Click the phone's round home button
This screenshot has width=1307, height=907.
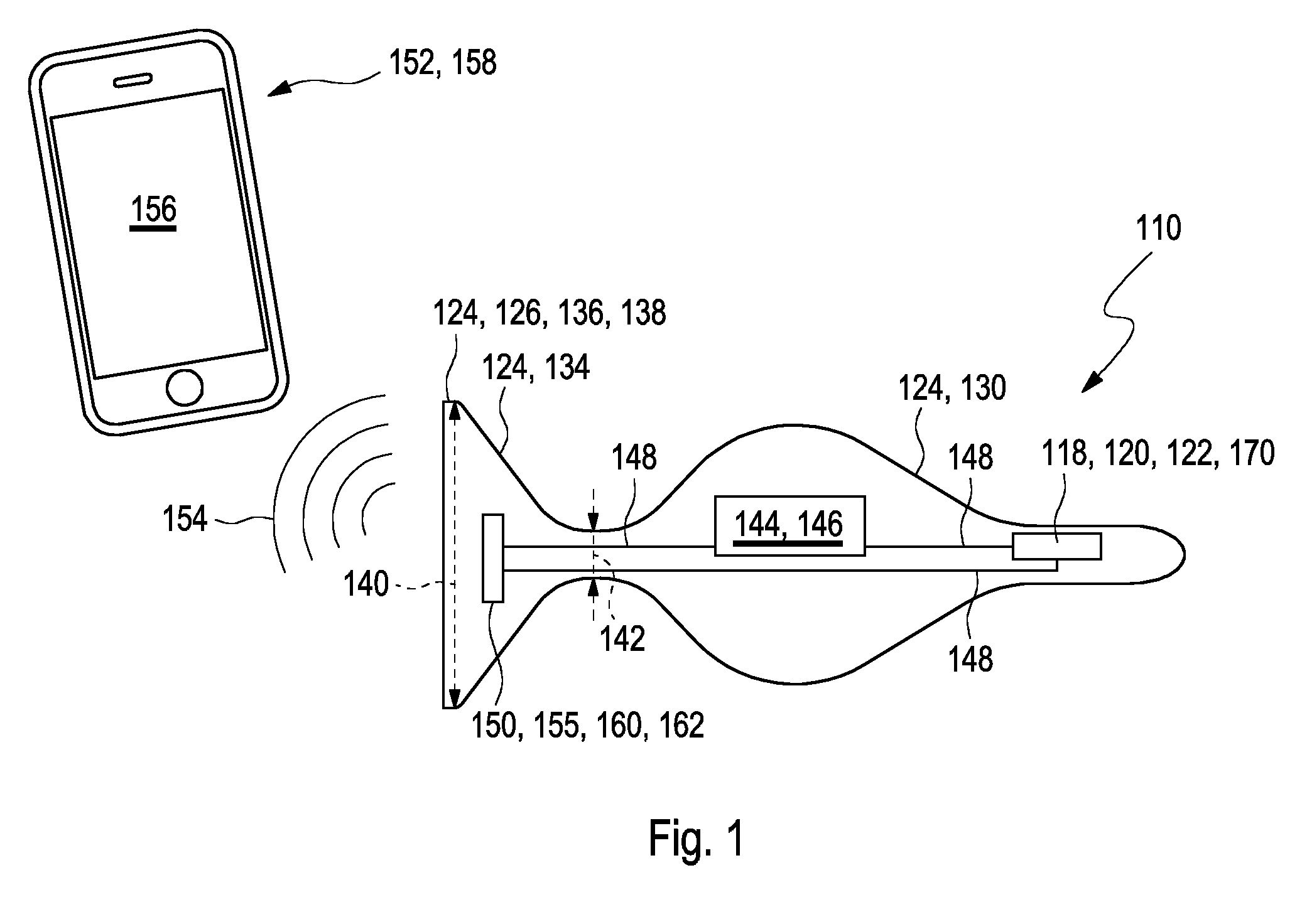(184, 389)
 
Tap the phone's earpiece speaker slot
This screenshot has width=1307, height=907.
(133, 80)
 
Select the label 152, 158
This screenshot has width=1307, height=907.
(443, 63)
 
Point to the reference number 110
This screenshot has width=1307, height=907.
(1158, 228)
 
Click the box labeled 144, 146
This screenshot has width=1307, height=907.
(789, 526)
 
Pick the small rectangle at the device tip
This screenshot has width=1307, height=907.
(1056, 546)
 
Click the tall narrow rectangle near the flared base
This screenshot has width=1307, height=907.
(493, 558)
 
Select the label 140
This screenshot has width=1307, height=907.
(366, 584)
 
